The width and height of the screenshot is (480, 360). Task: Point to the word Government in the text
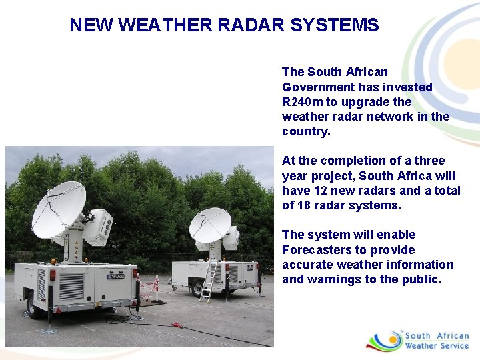point(318,87)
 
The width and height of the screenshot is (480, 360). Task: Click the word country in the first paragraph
point(305,131)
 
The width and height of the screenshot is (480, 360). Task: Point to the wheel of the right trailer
point(197,289)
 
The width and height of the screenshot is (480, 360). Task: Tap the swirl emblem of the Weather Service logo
point(383,340)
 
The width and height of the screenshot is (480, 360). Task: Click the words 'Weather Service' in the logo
point(437,345)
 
